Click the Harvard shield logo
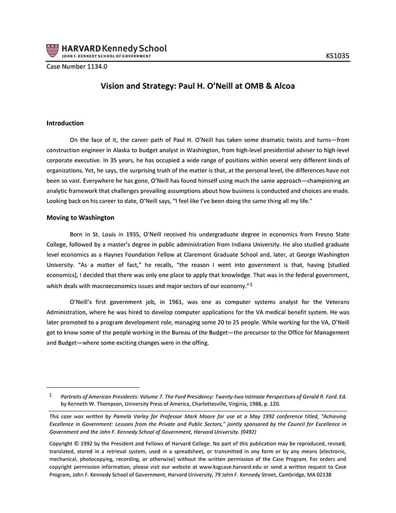pos(52,50)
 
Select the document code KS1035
pos(338,56)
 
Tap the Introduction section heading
pos(65,123)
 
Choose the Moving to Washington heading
pos(80,217)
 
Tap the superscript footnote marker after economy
pos(251,284)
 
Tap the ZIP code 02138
pos(321,475)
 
